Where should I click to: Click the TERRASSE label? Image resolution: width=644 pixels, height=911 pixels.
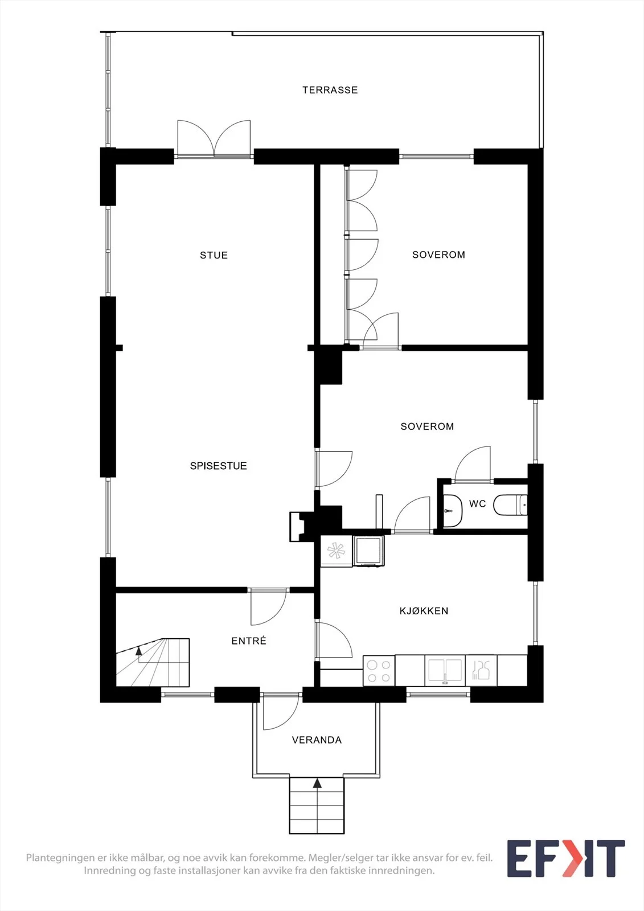point(330,90)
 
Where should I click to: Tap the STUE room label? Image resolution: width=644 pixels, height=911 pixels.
point(214,255)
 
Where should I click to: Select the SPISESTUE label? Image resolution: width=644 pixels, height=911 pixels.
point(219,466)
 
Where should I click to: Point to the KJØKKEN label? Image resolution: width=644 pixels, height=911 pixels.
point(424,610)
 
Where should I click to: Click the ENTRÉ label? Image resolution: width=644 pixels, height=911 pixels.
point(249,641)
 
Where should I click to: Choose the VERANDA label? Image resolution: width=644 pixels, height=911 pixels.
point(317,740)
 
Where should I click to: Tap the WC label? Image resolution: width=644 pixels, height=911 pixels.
point(477,504)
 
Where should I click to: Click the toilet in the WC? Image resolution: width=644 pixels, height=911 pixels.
point(511,505)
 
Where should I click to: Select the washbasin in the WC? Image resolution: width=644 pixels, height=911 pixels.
point(452,510)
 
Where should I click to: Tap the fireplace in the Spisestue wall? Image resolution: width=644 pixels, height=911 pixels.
point(301,526)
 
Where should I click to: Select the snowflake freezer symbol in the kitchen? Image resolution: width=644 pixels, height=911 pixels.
point(337,552)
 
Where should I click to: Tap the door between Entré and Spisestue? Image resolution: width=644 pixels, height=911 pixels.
point(269,606)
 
